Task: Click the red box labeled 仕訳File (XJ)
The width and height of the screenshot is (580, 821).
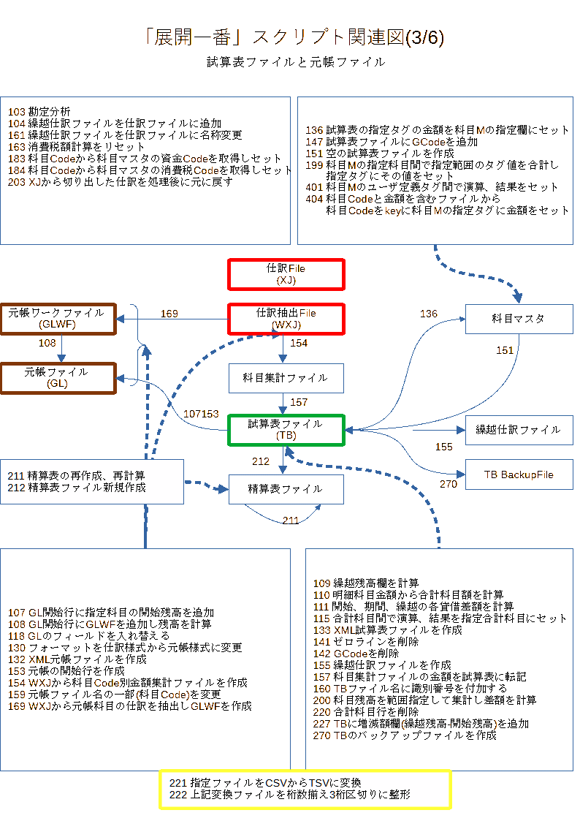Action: (x=286, y=274)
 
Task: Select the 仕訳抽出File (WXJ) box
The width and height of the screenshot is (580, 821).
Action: (x=286, y=319)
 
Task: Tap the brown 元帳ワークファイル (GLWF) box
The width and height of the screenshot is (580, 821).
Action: (x=58, y=318)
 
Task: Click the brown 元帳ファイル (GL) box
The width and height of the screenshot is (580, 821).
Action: (x=58, y=377)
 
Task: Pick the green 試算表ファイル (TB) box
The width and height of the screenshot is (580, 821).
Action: (x=286, y=430)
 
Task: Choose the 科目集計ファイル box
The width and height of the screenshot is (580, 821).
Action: (x=286, y=378)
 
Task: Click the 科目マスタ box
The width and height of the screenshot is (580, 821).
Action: (x=519, y=319)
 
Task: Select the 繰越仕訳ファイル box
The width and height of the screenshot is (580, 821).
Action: (x=519, y=430)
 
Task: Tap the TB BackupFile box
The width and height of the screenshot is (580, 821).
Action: (x=519, y=474)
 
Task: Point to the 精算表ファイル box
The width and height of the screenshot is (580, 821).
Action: (x=286, y=489)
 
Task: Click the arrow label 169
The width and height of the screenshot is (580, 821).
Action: (x=169, y=314)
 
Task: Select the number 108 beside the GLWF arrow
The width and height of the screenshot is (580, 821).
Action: (x=47, y=343)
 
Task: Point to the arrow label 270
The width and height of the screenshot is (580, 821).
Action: (x=449, y=484)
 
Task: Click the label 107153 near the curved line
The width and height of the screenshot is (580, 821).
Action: (x=201, y=414)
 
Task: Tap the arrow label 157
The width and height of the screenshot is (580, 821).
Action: (x=299, y=402)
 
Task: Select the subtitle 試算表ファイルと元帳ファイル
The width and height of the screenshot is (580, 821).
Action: (x=296, y=62)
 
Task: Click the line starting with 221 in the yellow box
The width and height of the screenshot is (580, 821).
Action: (x=265, y=783)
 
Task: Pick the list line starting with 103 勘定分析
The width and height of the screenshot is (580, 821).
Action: (x=39, y=112)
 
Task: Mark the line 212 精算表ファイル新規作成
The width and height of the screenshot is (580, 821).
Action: (x=77, y=488)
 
